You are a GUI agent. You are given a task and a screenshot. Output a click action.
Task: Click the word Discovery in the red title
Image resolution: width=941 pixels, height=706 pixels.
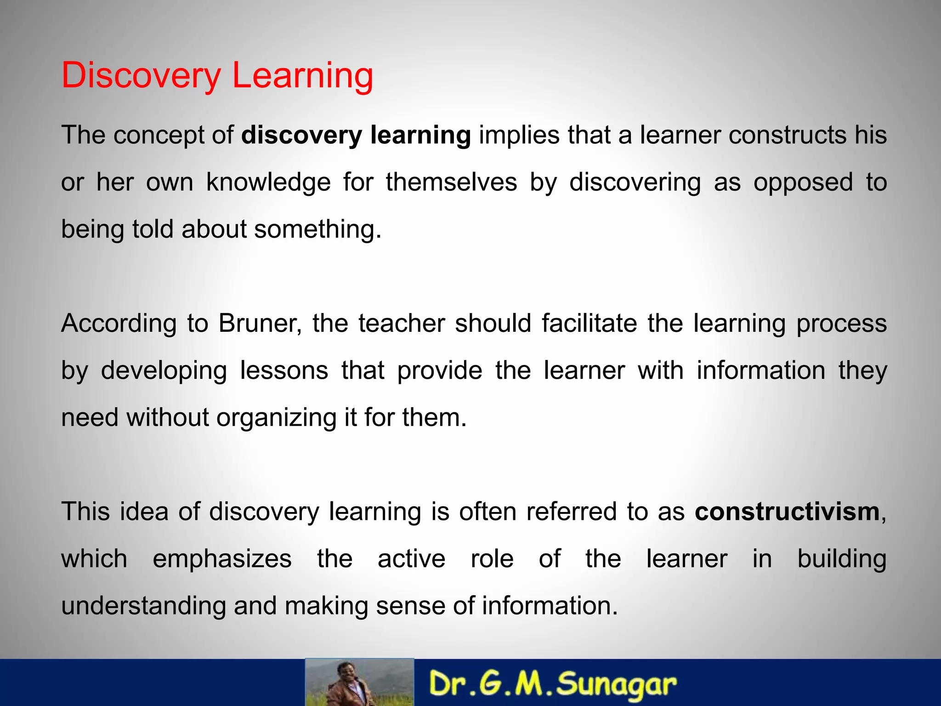141,75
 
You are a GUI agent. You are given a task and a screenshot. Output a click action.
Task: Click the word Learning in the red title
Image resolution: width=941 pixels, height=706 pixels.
303,75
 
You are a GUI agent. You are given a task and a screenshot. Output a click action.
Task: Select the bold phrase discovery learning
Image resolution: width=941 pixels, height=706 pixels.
356,135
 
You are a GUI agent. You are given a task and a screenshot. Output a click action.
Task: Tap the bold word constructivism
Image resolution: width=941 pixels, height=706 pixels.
787,512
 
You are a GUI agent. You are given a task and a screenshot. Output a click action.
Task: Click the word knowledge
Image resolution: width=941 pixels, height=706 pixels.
268,182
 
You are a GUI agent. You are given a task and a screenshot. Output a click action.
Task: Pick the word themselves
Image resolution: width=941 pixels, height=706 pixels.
451,182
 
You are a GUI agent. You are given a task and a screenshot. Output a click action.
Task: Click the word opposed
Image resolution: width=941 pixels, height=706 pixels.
803,182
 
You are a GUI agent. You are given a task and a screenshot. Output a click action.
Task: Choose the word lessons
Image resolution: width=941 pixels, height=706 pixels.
284,370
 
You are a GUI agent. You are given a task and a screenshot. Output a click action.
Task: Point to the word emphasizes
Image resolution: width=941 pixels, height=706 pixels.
222,559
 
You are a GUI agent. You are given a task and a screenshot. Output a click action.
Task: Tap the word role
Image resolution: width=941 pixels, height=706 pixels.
492,559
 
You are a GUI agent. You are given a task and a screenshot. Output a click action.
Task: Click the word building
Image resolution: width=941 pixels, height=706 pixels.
841,559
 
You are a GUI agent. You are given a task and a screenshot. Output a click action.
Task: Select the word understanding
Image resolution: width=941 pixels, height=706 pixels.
143,606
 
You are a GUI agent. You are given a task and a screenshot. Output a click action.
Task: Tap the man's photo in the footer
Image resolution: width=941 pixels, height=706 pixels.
359,683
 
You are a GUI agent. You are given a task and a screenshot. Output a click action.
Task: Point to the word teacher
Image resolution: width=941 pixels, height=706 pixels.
402,323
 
